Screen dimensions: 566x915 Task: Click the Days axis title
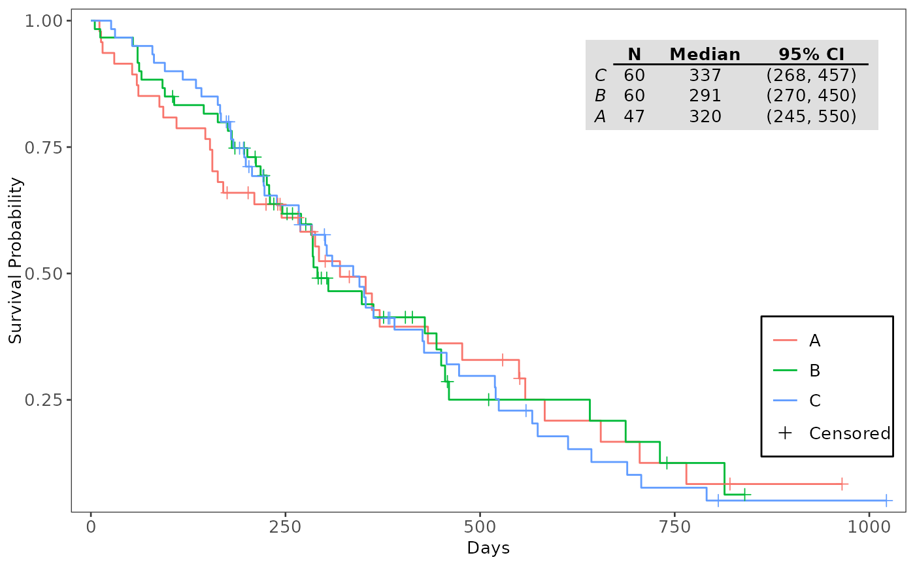pos(488,548)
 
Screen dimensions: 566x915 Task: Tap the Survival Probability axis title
pos(16,260)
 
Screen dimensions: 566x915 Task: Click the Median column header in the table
pos(705,55)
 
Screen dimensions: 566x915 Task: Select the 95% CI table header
pos(811,55)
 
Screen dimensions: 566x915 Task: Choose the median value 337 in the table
pos(705,75)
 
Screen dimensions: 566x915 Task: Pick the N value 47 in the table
pos(634,117)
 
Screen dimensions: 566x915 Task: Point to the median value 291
pos(705,96)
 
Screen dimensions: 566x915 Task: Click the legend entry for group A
pos(814,341)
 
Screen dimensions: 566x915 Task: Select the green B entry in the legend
pos(814,371)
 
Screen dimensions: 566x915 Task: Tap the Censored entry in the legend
pos(849,433)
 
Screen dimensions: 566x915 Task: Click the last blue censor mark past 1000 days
pos(886,500)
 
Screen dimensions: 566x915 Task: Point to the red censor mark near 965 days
pos(842,484)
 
